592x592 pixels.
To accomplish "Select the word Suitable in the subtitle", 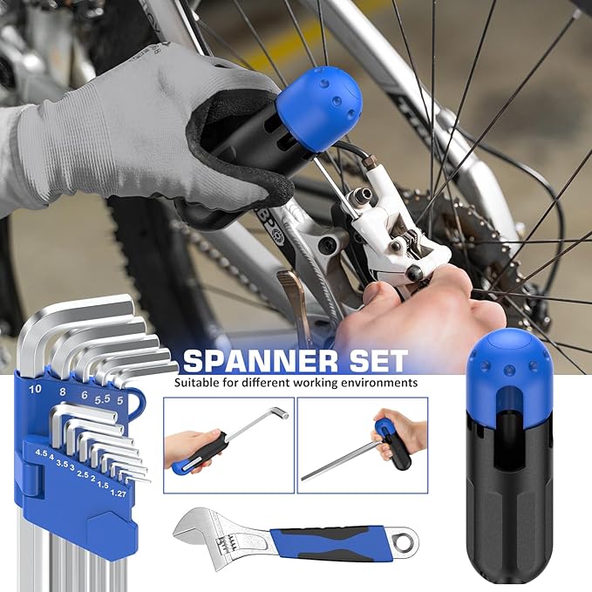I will [x=196, y=383].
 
